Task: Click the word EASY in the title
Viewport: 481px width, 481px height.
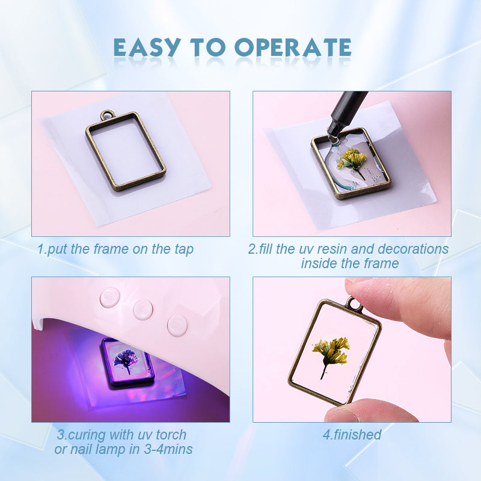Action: (x=147, y=47)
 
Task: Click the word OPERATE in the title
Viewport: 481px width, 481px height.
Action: (x=293, y=47)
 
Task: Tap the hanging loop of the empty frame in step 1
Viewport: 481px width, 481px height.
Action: (x=107, y=115)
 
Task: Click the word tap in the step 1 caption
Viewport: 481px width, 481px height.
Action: (x=184, y=250)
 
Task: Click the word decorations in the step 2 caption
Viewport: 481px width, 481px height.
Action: (x=413, y=249)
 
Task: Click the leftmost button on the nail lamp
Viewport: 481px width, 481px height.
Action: (x=109, y=297)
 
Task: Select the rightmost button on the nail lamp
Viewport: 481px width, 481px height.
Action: (x=177, y=325)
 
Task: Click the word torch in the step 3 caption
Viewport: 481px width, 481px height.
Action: (x=171, y=435)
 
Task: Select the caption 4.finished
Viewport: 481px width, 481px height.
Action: (x=352, y=435)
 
